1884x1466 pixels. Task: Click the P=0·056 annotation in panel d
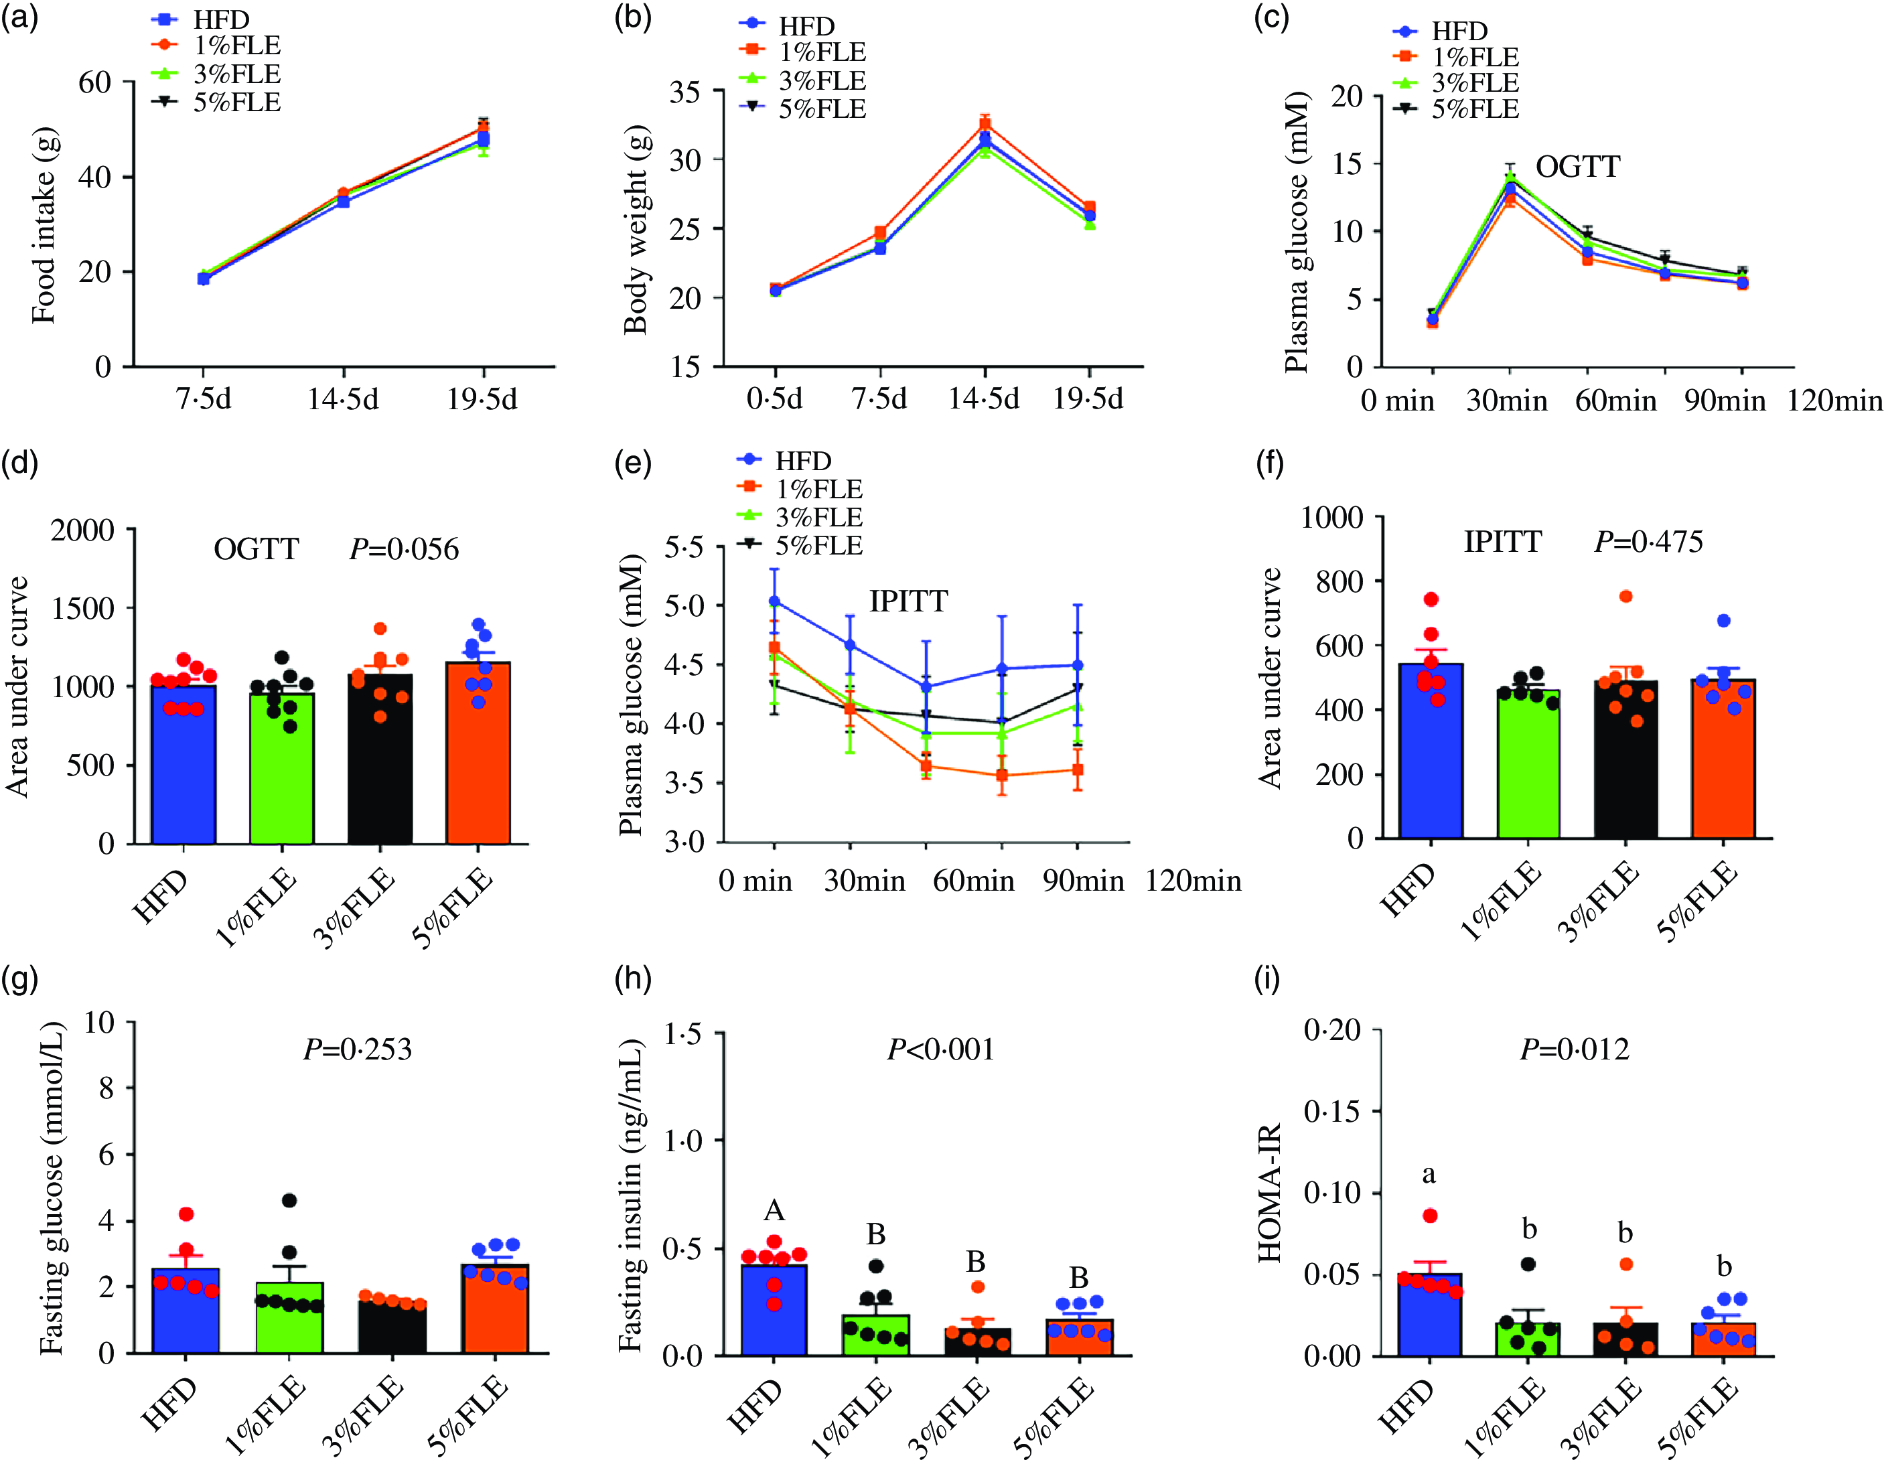404,549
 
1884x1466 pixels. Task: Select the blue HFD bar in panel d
183,764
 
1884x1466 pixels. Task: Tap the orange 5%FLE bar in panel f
1723,759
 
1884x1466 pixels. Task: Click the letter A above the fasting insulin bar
774,1211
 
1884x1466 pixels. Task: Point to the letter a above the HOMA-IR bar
1429,1175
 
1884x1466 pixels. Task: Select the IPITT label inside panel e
908,600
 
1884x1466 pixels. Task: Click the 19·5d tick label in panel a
482,399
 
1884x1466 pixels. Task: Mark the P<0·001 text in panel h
941,1049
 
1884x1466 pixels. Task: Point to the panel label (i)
1267,980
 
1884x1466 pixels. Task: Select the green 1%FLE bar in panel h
875,1335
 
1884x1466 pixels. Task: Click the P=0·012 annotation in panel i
1575,1049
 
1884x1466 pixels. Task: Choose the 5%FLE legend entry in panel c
1455,108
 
